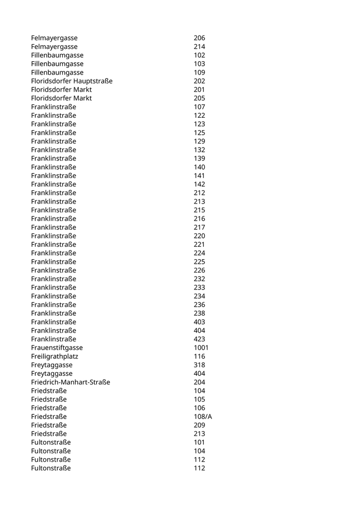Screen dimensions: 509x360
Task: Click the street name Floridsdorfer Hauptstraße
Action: pyautogui.click(x=71, y=81)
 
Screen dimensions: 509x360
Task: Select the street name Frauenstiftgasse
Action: pyautogui.click(x=57, y=348)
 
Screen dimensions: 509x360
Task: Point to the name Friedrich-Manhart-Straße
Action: pyautogui.click(x=70, y=382)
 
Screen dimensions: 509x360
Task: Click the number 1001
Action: pyautogui.click(x=201, y=348)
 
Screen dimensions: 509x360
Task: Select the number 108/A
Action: pyautogui.click(x=203, y=416)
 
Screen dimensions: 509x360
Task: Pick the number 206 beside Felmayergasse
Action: pyautogui.click(x=200, y=38)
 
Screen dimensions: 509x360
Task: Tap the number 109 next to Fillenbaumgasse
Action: pyautogui.click(x=200, y=72)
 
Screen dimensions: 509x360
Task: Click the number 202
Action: pyautogui.click(x=200, y=81)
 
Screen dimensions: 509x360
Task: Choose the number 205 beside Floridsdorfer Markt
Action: pyautogui.click(x=200, y=98)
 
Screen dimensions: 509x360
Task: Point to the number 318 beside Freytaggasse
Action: pyautogui.click(x=200, y=365)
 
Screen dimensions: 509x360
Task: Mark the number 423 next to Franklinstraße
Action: pyautogui.click(x=200, y=339)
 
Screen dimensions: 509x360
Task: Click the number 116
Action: pyautogui.click(x=200, y=356)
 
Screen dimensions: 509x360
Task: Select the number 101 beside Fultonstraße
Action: pyautogui.click(x=200, y=442)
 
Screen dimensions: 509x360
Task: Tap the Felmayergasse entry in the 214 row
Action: pyautogui.click(x=54, y=47)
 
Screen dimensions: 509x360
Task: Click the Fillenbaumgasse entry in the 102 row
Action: pyautogui.click(x=57, y=56)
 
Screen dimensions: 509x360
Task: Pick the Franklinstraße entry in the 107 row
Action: pyautogui.click(x=53, y=107)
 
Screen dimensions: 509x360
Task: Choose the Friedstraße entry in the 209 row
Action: pyautogui.click(x=49, y=425)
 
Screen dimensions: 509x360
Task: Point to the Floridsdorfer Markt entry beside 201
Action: pyautogui.click(x=61, y=89)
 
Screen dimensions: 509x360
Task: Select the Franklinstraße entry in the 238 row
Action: pyautogui.click(x=53, y=314)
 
